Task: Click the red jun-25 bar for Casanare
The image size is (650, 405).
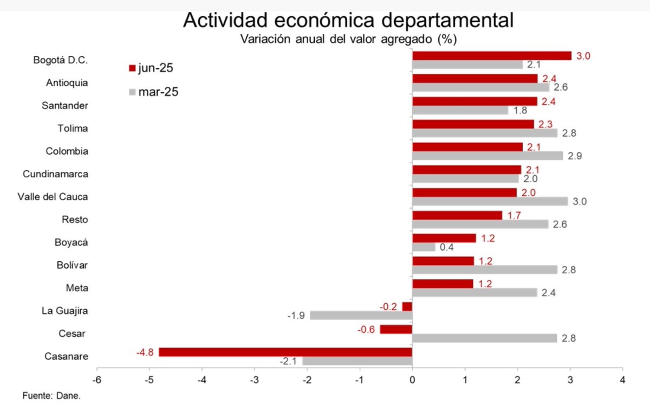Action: click(x=285, y=352)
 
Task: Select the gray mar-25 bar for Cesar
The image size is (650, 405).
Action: click(x=484, y=338)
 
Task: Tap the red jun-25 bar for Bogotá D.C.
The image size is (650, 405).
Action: click(x=492, y=56)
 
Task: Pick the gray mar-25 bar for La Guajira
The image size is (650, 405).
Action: click(x=361, y=316)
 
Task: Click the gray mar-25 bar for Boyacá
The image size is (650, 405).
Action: click(x=424, y=247)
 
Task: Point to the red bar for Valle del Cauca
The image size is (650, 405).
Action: click(x=465, y=192)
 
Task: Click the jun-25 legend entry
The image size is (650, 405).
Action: click(x=152, y=68)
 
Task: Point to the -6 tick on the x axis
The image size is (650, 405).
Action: click(x=97, y=379)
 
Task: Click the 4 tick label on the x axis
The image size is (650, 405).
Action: click(x=622, y=379)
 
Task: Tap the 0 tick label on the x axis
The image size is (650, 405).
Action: click(x=412, y=379)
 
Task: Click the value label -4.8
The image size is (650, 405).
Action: click(x=145, y=352)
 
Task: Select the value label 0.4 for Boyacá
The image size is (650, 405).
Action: click(x=446, y=248)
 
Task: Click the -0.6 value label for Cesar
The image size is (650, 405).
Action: click(x=367, y=329)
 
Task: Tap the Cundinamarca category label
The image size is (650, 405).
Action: click(x=55, y=174)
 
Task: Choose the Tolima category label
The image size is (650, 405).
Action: click(x=73, y=128)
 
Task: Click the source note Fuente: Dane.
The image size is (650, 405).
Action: click(x=51, y=396)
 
